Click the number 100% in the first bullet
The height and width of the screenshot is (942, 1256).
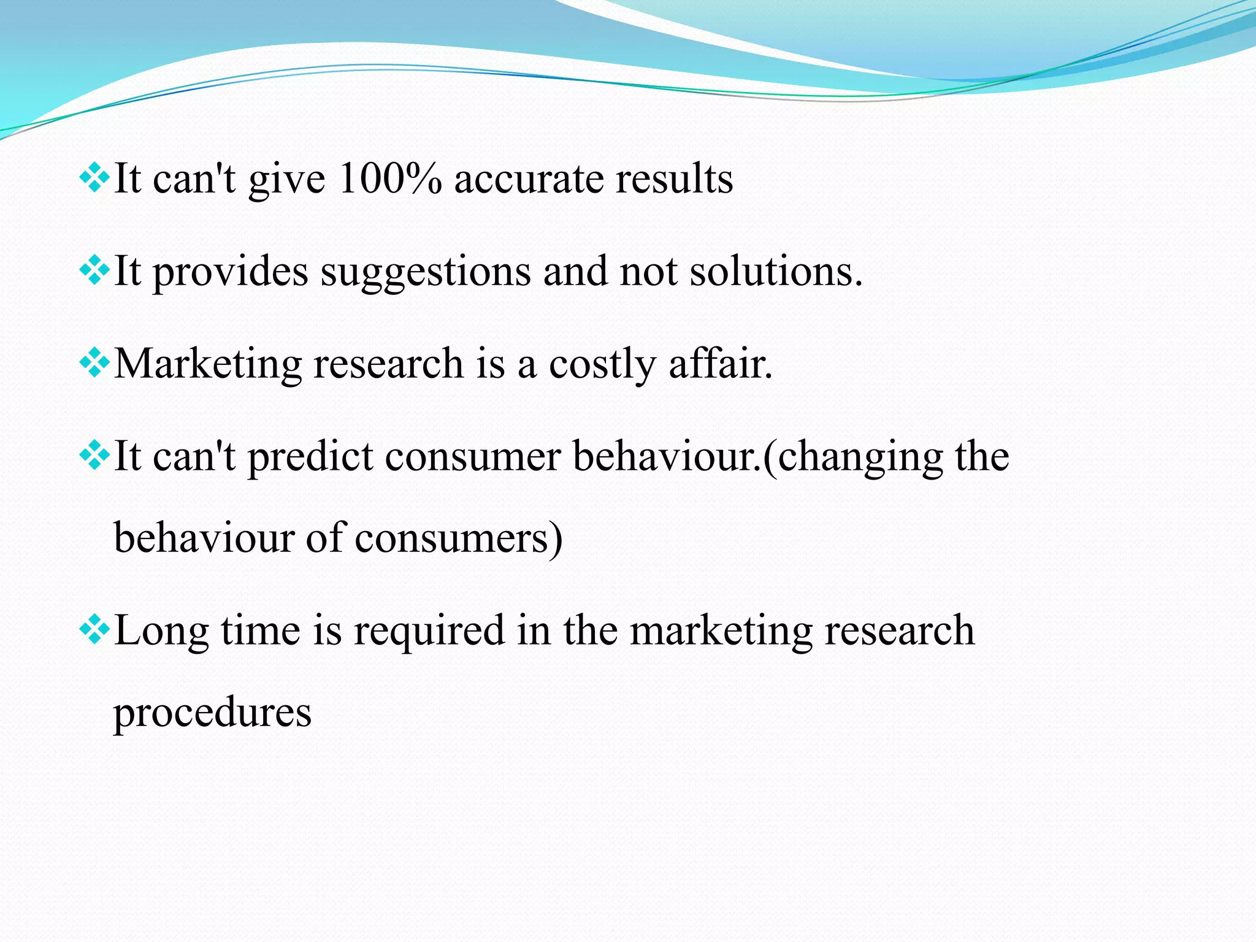click(389, 179)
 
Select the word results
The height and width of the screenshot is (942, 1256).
click(674, 179)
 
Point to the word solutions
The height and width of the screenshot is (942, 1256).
click(775, 271)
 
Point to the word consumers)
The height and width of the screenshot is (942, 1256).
click(458, 538)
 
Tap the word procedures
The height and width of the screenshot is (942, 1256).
click(212, 714)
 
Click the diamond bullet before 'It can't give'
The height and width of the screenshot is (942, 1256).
click(94, 178)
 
